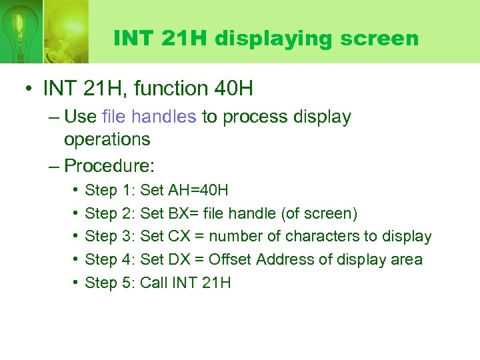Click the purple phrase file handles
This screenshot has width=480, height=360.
coord(149,117)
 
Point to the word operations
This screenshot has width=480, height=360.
coord(107,139)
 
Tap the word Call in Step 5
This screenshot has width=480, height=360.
coord(154,283)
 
